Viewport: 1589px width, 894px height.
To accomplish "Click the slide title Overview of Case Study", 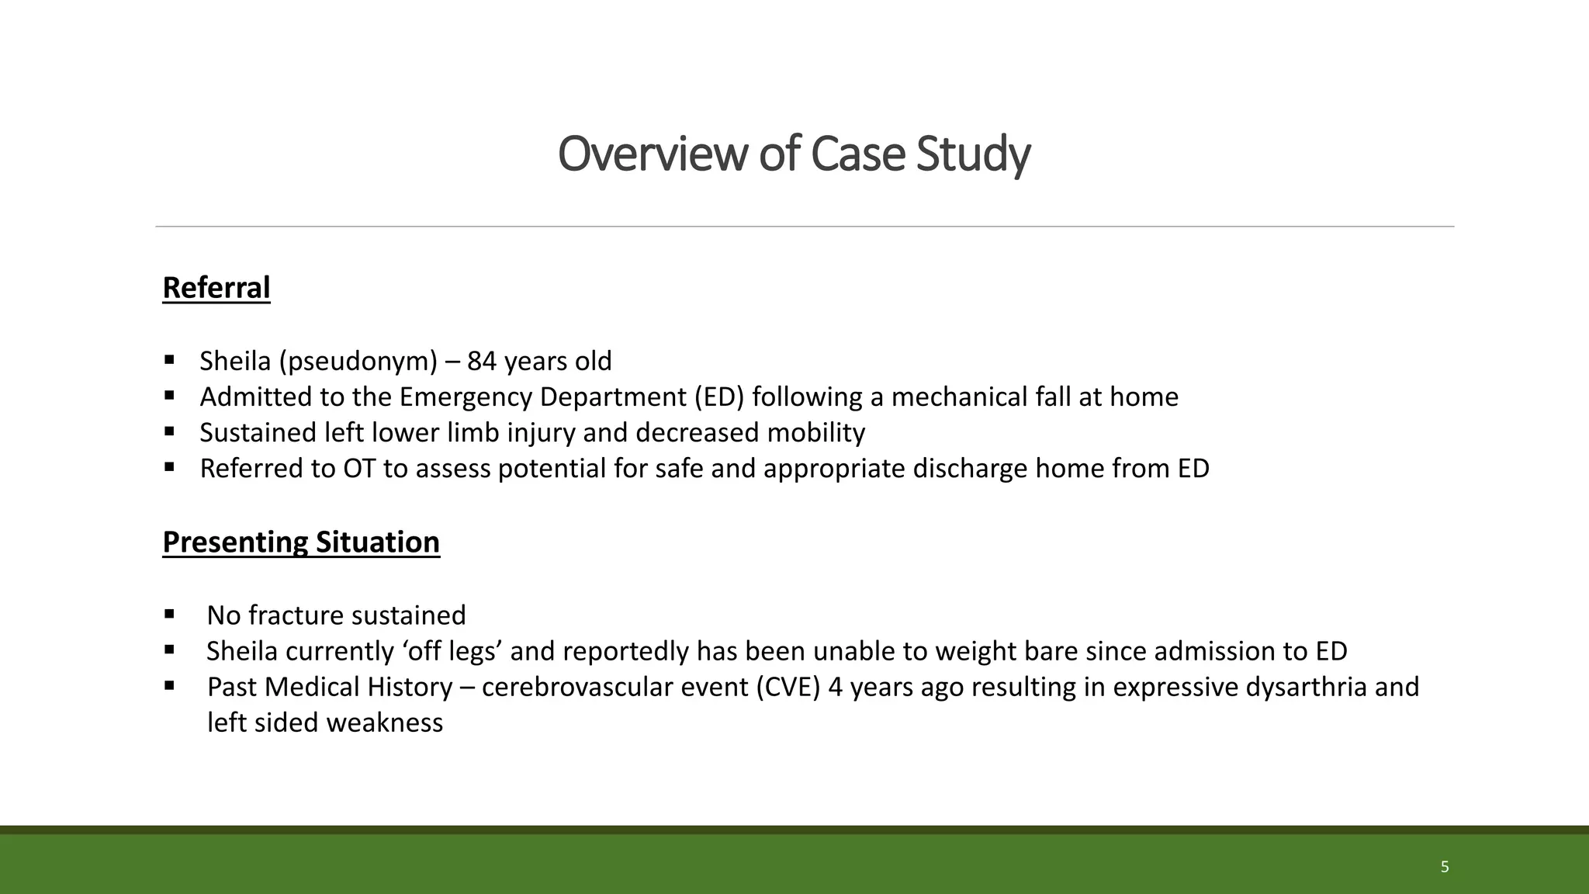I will click(x=794, y=154).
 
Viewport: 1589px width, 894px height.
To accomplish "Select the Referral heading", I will click(x=216, y=288).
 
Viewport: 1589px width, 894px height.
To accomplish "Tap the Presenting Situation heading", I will click(x=301, y=542).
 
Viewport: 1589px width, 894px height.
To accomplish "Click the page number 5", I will click(x=1444, y=867).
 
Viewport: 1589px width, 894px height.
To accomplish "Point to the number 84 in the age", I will click(x=481, y=362).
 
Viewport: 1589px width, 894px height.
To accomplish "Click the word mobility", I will click(x=815, y=433).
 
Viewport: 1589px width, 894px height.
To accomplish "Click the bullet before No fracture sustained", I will click(x=169, y=615).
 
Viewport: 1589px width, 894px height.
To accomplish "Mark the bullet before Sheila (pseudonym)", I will click(x=169, y=360).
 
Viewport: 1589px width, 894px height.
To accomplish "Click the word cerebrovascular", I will click(x=573, y=688).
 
